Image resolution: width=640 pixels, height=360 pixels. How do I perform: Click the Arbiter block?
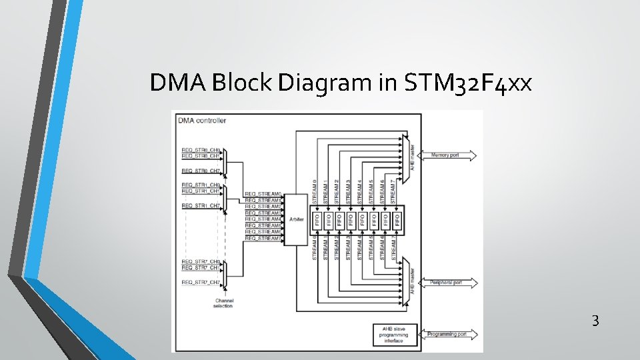click(296, 218)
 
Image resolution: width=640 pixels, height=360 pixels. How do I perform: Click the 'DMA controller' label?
click(202, 121)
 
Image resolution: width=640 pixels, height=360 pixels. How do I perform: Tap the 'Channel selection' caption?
click(223, 303)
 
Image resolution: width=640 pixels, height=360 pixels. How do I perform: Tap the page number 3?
click(595, 321)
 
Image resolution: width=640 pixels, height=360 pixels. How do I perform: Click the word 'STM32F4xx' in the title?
click(468, 83)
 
